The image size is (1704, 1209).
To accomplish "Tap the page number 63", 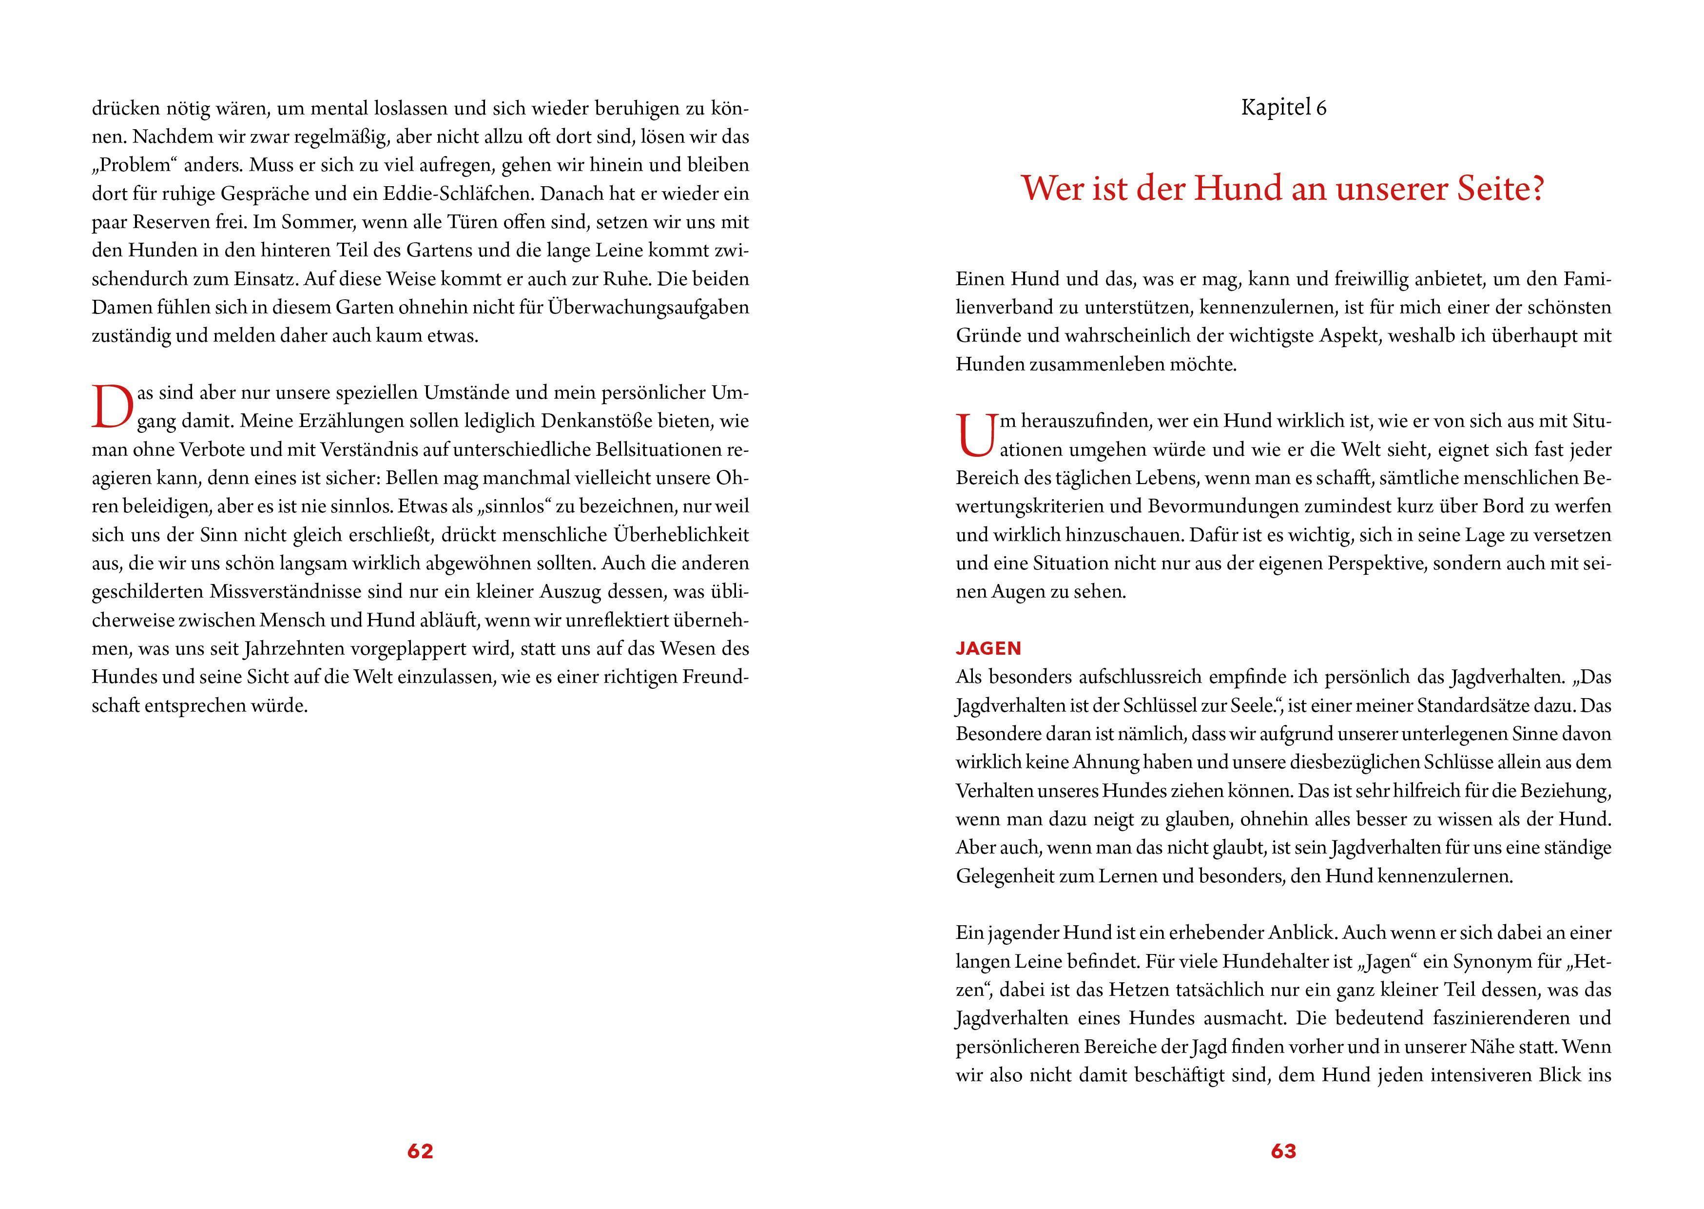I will tap(1283, 1151).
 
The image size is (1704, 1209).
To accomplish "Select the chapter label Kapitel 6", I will tap(1283, 108).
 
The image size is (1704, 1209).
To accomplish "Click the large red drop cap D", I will tap(113, 407).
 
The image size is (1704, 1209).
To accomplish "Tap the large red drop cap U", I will tap(975, 435).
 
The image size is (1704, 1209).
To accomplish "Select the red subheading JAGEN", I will tap(988, 648).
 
